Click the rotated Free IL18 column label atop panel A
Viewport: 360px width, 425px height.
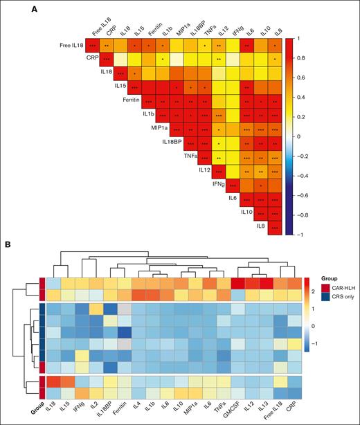(100, 24)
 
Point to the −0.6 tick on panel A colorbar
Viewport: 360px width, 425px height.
(305, 197)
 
